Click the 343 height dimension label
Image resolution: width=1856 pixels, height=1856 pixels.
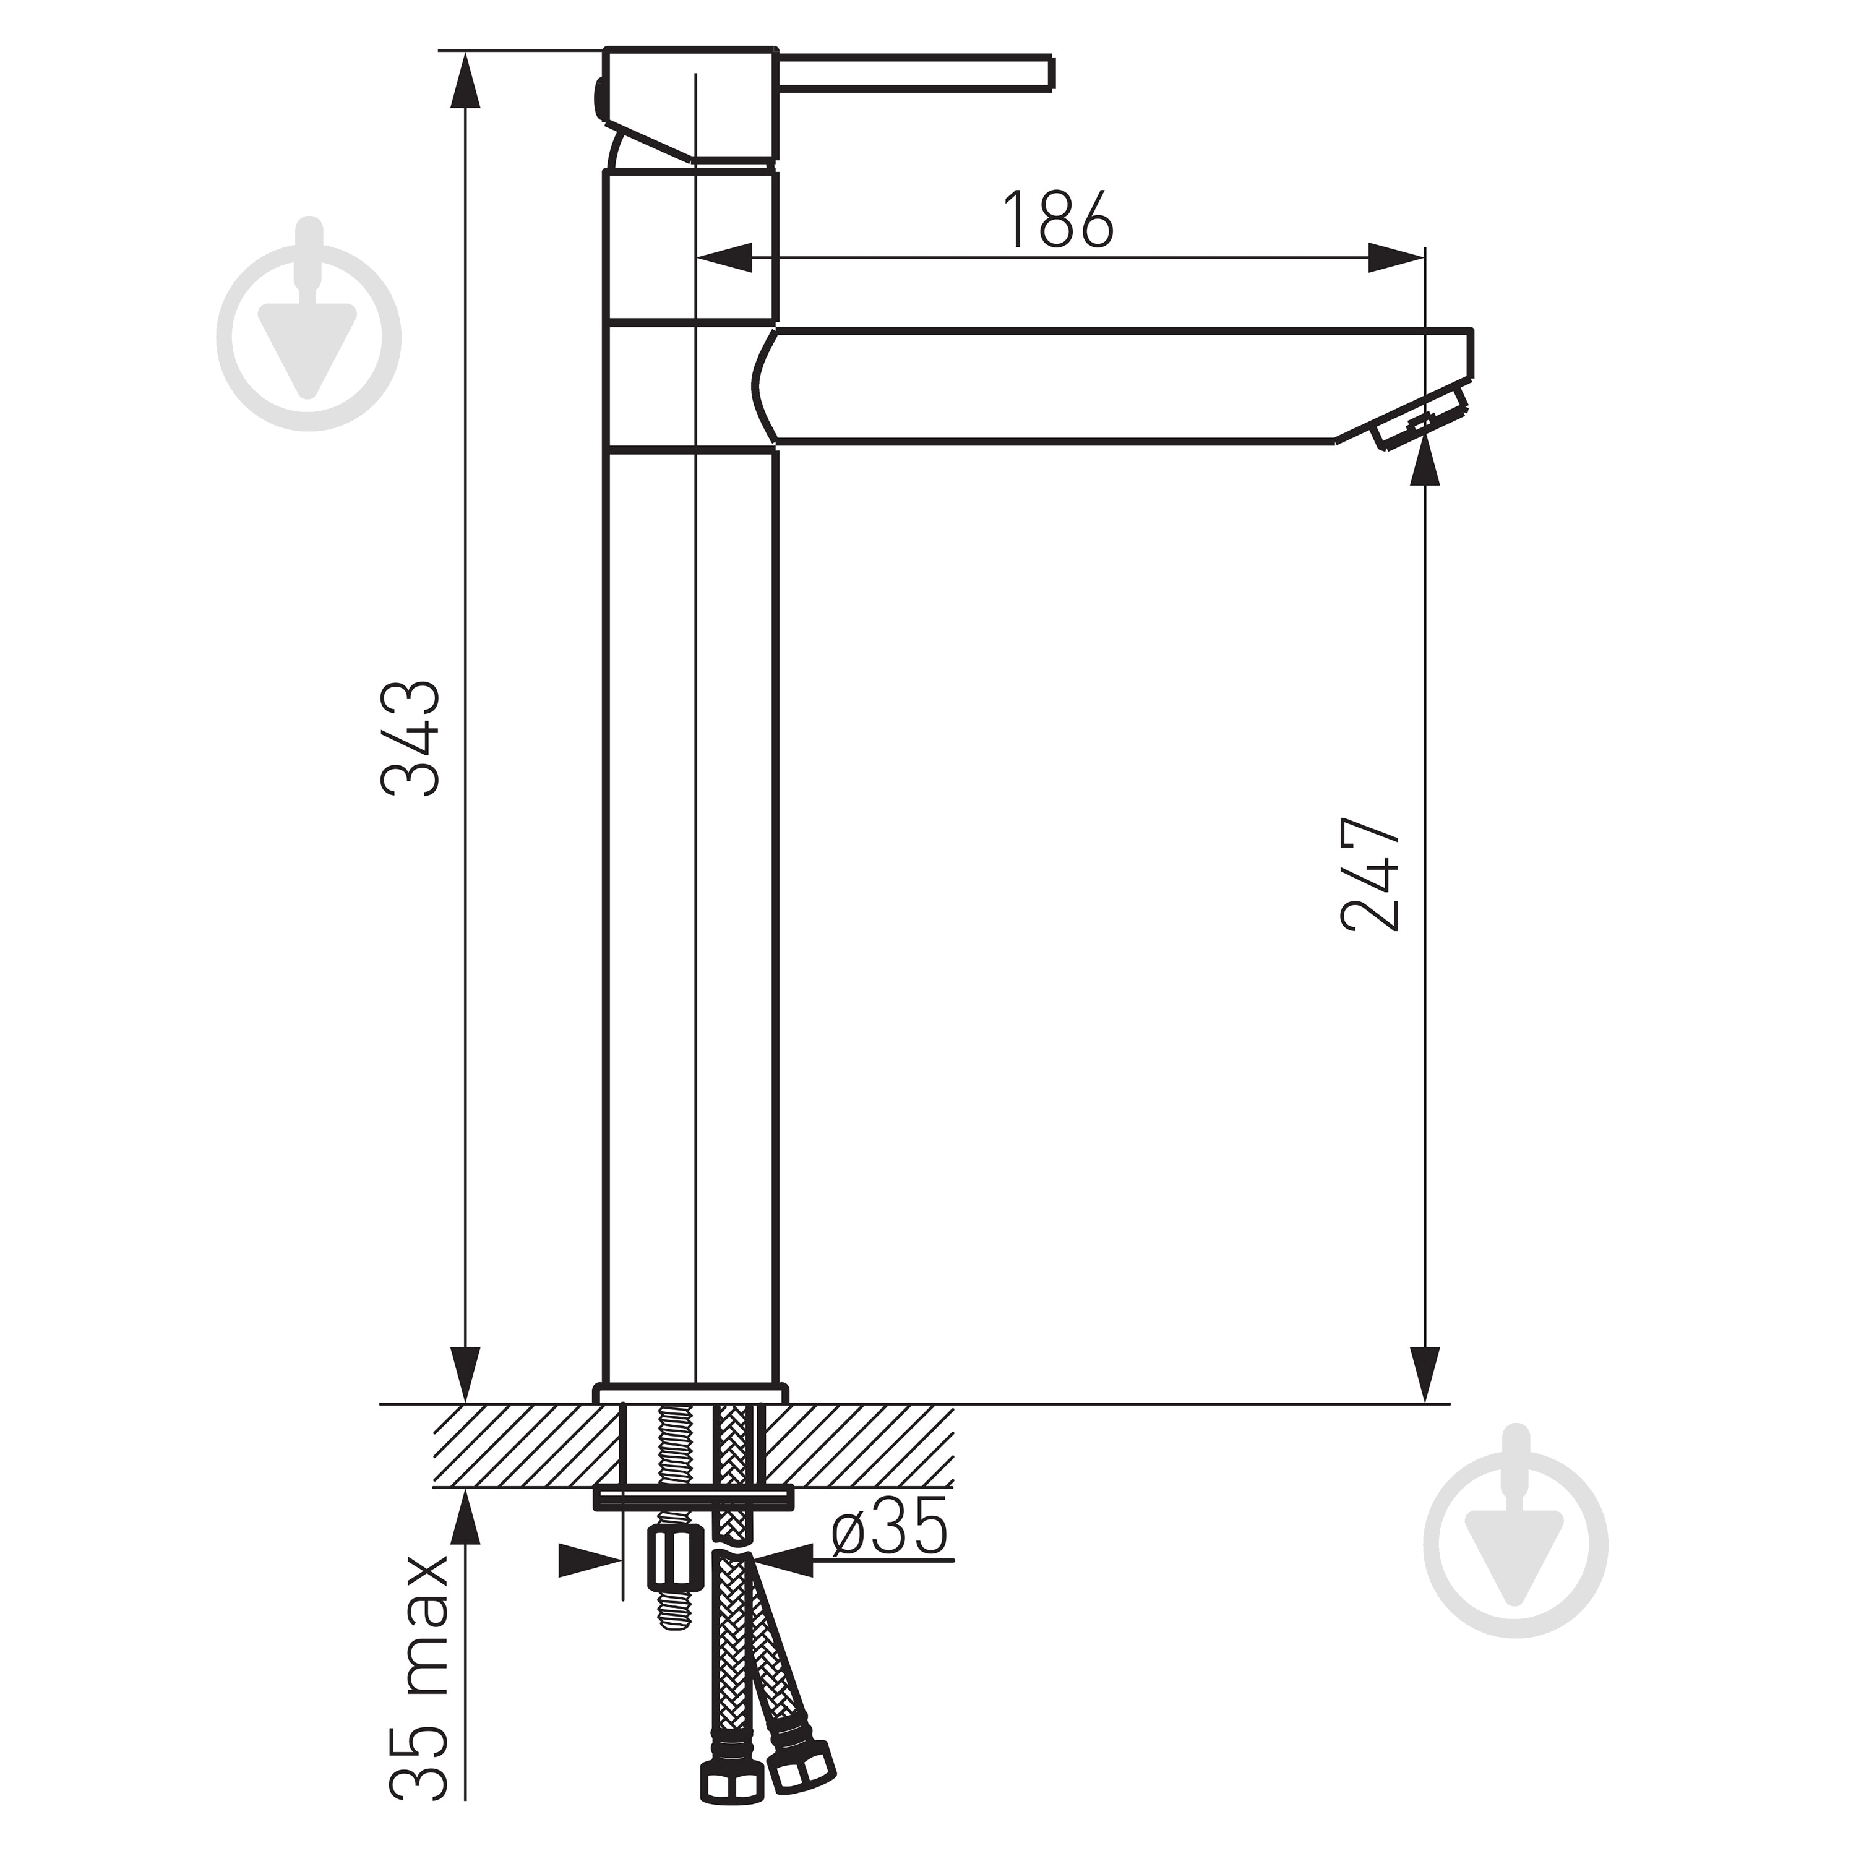click(x=411, y=738)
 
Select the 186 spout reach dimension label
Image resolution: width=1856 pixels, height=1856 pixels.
click(x=1058, y=220)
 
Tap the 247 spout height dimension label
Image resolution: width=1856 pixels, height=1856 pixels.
click(x=1370, y=875)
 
